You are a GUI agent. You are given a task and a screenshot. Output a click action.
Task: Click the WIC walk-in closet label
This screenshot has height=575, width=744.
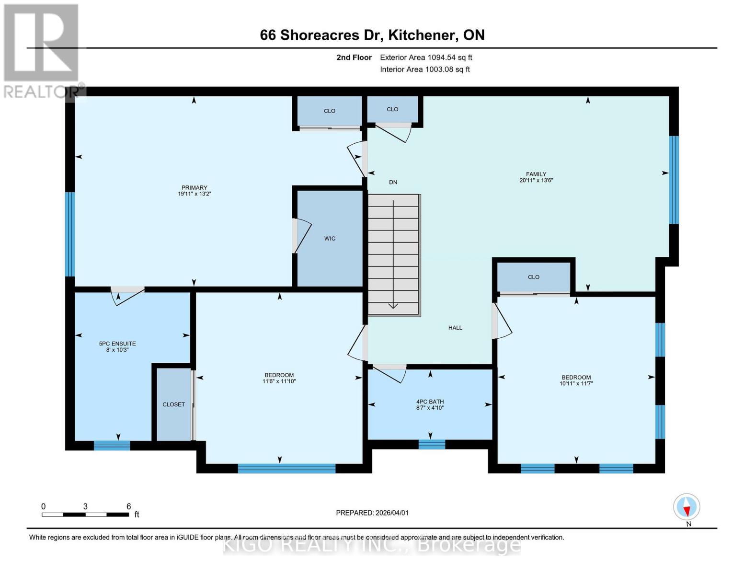pos(330,239)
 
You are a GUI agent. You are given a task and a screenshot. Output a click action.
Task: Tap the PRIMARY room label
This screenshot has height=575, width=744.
pos(194,188)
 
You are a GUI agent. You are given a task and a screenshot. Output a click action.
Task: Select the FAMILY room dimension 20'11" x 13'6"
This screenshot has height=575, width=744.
pos(536,181)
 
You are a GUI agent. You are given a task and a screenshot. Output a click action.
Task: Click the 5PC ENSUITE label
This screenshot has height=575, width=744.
pos(117,344)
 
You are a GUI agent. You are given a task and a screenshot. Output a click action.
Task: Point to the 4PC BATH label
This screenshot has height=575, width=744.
pos(430,402)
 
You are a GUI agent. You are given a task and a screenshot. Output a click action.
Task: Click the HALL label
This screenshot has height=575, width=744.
pos(455,328)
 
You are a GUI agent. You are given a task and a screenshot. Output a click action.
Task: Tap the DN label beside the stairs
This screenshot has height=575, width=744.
pos(393,182)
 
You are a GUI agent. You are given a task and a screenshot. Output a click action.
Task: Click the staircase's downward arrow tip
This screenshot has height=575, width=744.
pos(393,307)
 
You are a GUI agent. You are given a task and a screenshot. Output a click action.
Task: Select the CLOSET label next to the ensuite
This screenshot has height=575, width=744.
pos(173,404)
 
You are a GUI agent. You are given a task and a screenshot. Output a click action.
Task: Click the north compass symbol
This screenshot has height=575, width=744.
pos(687,507)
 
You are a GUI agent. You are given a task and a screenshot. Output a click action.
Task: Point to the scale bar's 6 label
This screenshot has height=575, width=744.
pos(128,506)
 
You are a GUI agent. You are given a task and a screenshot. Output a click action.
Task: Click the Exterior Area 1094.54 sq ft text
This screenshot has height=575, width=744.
pos(426,57)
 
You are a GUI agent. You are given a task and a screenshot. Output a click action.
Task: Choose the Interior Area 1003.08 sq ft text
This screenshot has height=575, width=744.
pos(424,69)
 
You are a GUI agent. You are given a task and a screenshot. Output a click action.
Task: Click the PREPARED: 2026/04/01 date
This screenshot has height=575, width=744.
pos(372,513)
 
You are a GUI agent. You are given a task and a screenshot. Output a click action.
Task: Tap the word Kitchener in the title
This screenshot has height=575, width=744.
pos(421,35)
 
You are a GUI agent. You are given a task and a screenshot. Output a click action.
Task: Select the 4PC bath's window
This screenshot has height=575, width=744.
pos(432,445)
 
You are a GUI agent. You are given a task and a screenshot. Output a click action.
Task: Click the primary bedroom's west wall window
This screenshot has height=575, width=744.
pos(70,234)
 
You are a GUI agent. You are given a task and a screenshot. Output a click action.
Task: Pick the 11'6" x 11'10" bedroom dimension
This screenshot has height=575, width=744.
pos(279,381)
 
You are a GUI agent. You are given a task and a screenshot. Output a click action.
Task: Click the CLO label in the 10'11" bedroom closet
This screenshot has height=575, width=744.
pos(533,277)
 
